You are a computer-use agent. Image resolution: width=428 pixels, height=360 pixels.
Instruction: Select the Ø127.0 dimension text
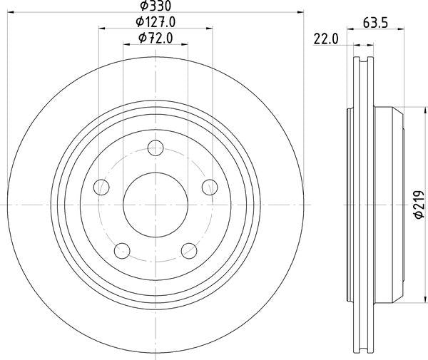click(x=156, y=21)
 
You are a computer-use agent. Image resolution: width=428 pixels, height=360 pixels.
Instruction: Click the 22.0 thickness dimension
click(x=325, y=41)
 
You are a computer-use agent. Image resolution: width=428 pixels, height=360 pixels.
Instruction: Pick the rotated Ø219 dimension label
click(x=419, y=203)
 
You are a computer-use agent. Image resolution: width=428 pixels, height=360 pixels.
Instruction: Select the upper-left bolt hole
click(x=102, y=187)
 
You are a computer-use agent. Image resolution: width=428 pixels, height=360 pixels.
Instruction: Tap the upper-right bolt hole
click(x=209, y=187)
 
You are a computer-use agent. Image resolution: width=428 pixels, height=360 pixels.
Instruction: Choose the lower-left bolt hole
click(x=123, y=250)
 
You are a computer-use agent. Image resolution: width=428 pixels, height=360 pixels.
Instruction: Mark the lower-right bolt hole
click(x=188, y=250)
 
